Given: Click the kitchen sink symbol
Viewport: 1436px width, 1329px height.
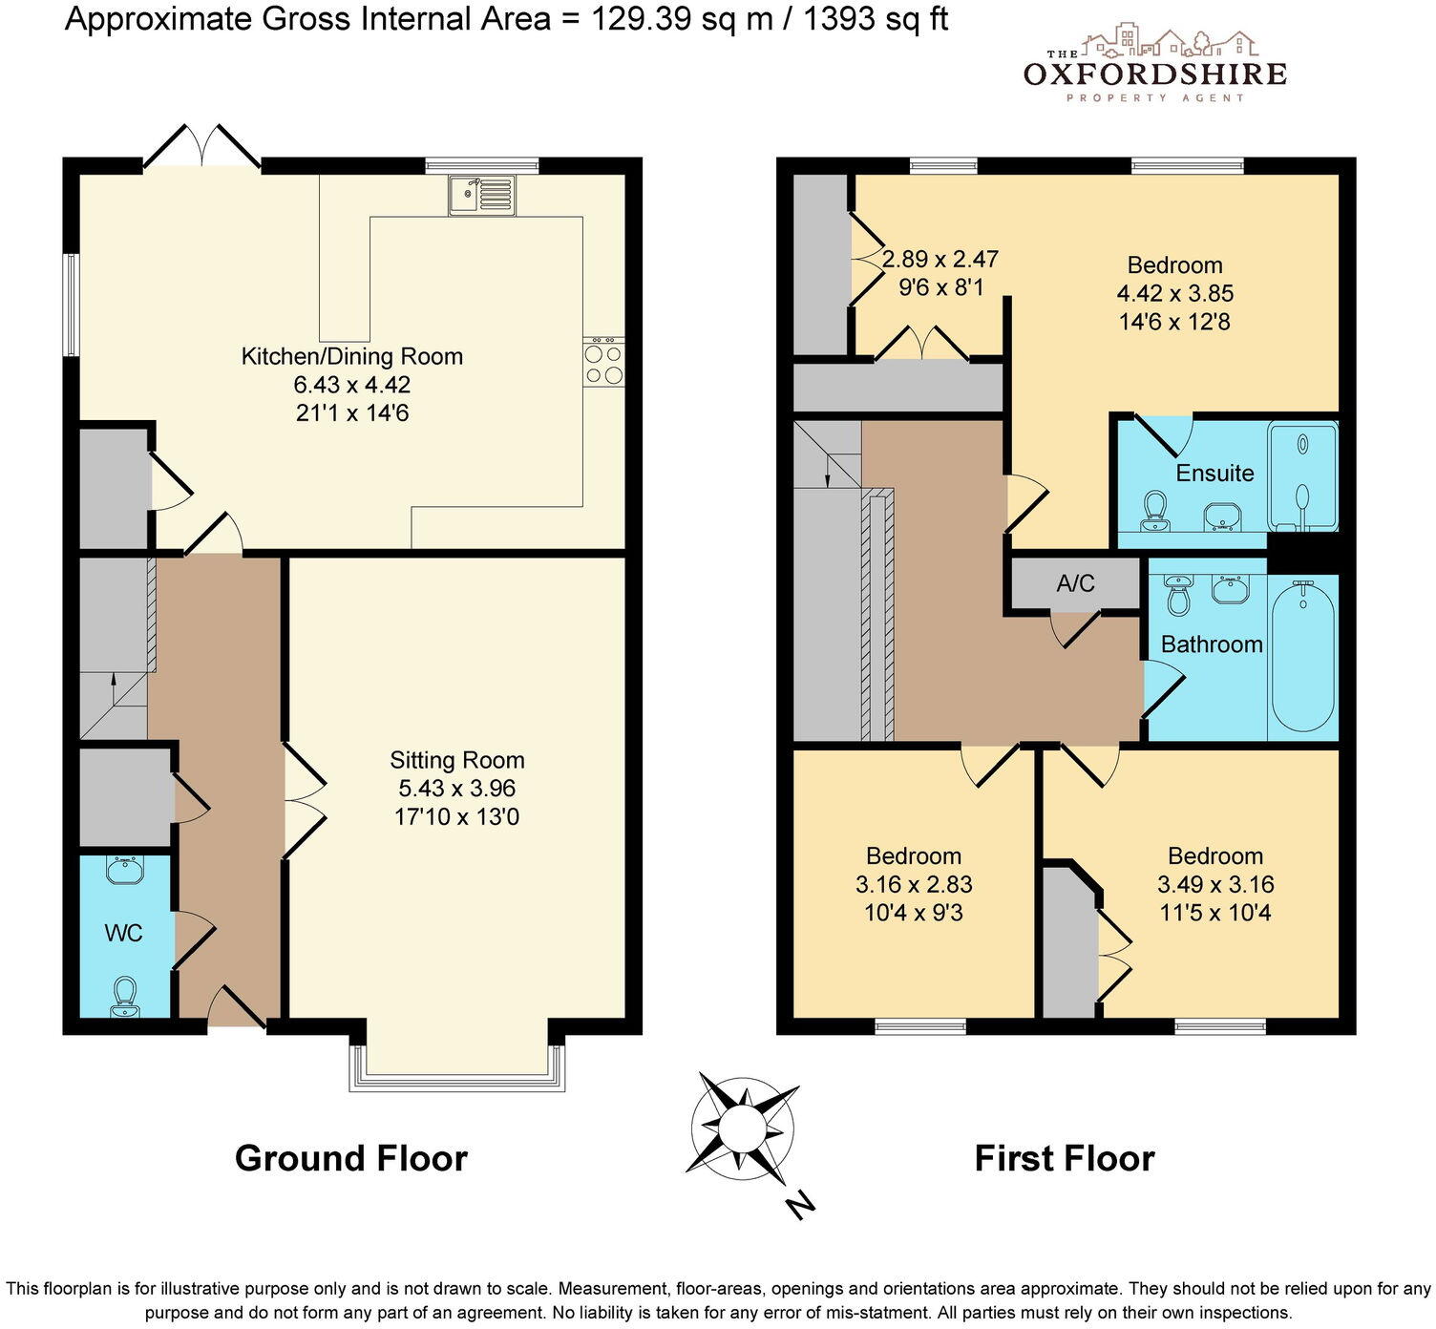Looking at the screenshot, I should (x=482, y=195).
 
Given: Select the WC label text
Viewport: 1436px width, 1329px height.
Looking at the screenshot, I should (x=124, y=933).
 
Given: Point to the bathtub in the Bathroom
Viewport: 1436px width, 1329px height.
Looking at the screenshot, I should (x=1302, y=658).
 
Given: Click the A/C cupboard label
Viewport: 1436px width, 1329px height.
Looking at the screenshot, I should (x=1075, y=583).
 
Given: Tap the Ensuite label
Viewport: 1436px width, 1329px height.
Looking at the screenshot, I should (x=1214, y=473).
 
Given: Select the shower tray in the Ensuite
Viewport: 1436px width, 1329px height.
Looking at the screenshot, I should (x=1302, y=476).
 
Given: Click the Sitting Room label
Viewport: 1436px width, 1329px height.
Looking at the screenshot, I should (x=457, y=760).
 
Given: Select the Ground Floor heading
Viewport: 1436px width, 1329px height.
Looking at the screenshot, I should (x=351, y=1158).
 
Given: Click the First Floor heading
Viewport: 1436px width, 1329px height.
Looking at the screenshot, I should (x=1065, y=1158).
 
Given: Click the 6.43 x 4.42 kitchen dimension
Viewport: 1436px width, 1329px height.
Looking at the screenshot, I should (x=352, y=385).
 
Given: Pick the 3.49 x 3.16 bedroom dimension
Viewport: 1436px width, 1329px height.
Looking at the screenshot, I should (x=1215, y=884).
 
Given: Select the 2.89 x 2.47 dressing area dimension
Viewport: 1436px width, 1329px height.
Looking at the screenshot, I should (x=940, y=259).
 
